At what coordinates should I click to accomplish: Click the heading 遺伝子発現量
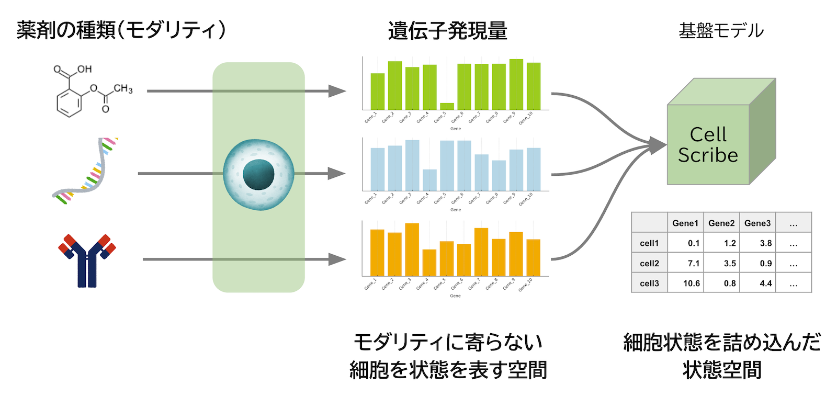click(x=447, y=31)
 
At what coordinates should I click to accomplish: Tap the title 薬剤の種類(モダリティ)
click(x=121, y=30)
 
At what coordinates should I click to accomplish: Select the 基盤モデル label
click(x=721, y=31)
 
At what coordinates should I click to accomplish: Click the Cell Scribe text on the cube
click(x=708, y=145)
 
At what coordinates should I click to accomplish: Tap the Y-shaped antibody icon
click(x=87, y=260)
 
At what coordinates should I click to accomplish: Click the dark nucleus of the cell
click(x=258, y=175)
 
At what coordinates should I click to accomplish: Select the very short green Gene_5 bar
click(x=447, y=106)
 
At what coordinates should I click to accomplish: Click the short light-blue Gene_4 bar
click(x=429, y=180)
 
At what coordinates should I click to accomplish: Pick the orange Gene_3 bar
click(x=412, y=249)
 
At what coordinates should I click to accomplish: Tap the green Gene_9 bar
click(x=516, y=84)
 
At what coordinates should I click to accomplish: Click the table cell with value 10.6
click(x=691, y=283)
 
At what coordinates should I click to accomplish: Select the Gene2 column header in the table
click(x=721, y=223)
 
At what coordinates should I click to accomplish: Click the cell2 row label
click(x=649, y=263)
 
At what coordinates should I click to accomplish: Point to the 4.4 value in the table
click(x=765, y=283)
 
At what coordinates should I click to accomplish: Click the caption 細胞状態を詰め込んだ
click(x=721, y=343)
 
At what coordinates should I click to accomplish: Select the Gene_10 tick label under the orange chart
click(x=526, y=285)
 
